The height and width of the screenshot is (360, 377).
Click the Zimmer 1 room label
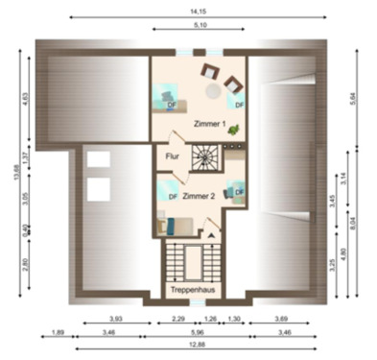[x=210, y=125]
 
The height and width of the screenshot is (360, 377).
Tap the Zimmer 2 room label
[x=199, y=196]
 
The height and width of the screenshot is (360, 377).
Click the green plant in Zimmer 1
[x=233, y=122]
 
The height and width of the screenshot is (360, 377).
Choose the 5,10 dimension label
[x=198, y=24]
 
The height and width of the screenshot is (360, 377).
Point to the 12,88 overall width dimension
[x=198, y=344]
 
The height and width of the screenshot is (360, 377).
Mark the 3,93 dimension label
[x=115, y=319]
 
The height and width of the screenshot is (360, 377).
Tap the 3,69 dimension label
[x=281, y=319]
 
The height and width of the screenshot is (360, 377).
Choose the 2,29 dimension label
[x=178, y=319]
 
